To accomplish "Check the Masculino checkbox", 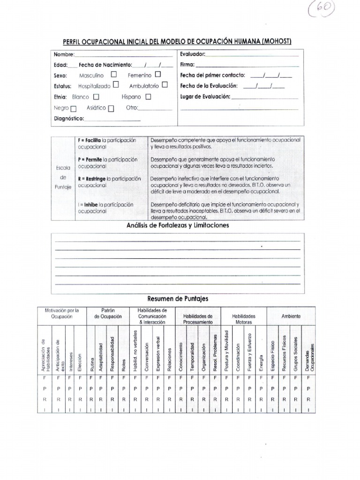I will [114, 75].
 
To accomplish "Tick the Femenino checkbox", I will [157, 75].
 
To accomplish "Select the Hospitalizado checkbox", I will [116, 85].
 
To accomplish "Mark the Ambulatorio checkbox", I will [165, 85].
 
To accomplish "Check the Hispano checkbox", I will [148, 97].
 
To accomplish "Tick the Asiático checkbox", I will [111, 108].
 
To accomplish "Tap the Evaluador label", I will [193, 54].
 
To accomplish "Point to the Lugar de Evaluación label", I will [205, 97].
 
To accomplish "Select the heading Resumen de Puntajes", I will [178, 299].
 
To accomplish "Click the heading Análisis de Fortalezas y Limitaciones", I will [178, 225].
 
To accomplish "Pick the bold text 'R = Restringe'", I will [92, 179].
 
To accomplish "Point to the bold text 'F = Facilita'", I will [90, 140].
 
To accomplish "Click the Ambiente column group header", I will [291, 316].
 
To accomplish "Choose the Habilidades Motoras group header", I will [244, 319].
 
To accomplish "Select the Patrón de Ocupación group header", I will [108, 313].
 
